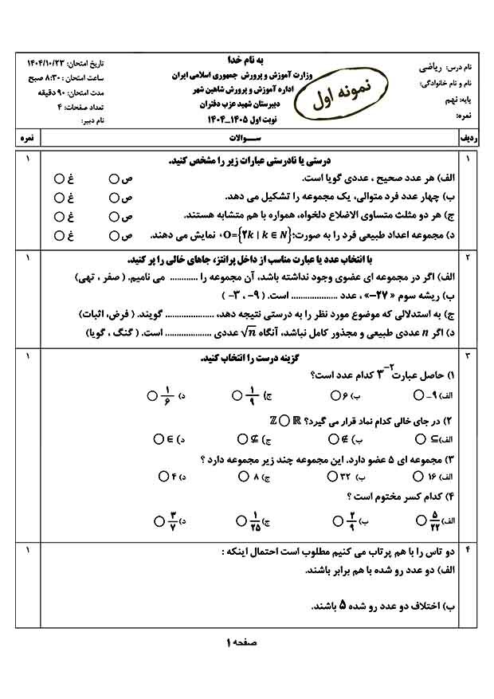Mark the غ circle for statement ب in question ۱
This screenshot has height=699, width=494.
pyautogui.click(x=59, y=197)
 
